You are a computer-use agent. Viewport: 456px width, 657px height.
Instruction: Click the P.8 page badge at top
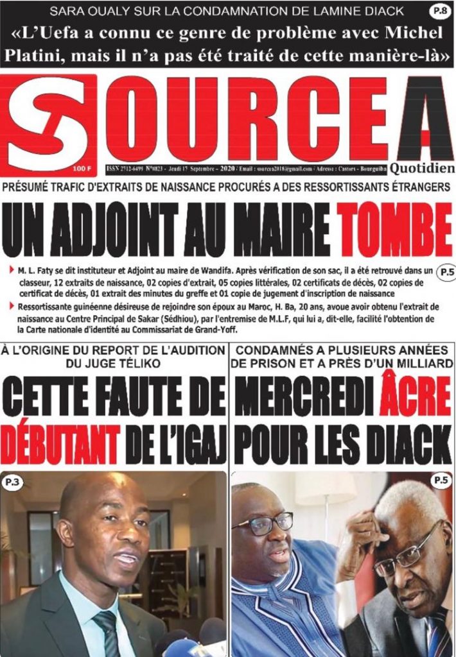[439, 11]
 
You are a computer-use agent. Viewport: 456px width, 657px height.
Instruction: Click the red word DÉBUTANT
[60, 442]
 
